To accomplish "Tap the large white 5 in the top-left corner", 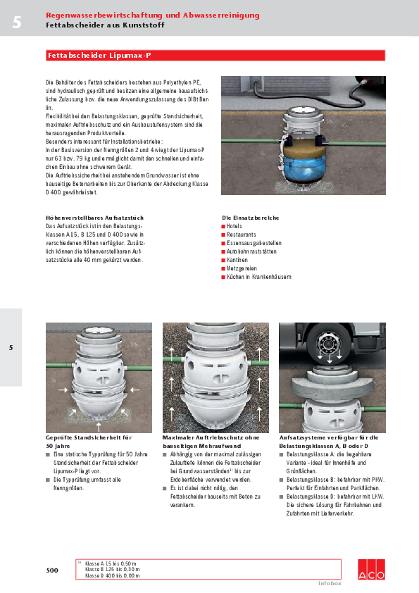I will pos(16,23).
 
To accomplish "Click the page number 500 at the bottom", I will pos(52,570).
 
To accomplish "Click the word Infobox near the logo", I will pos(329,583).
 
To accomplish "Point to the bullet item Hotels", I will pos(234,226).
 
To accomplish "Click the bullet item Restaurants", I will pos(241,235).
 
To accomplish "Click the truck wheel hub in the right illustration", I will pos(328,346).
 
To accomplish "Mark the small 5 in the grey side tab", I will pos(11,347).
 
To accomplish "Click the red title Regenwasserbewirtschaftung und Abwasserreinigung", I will pos(152,15).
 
